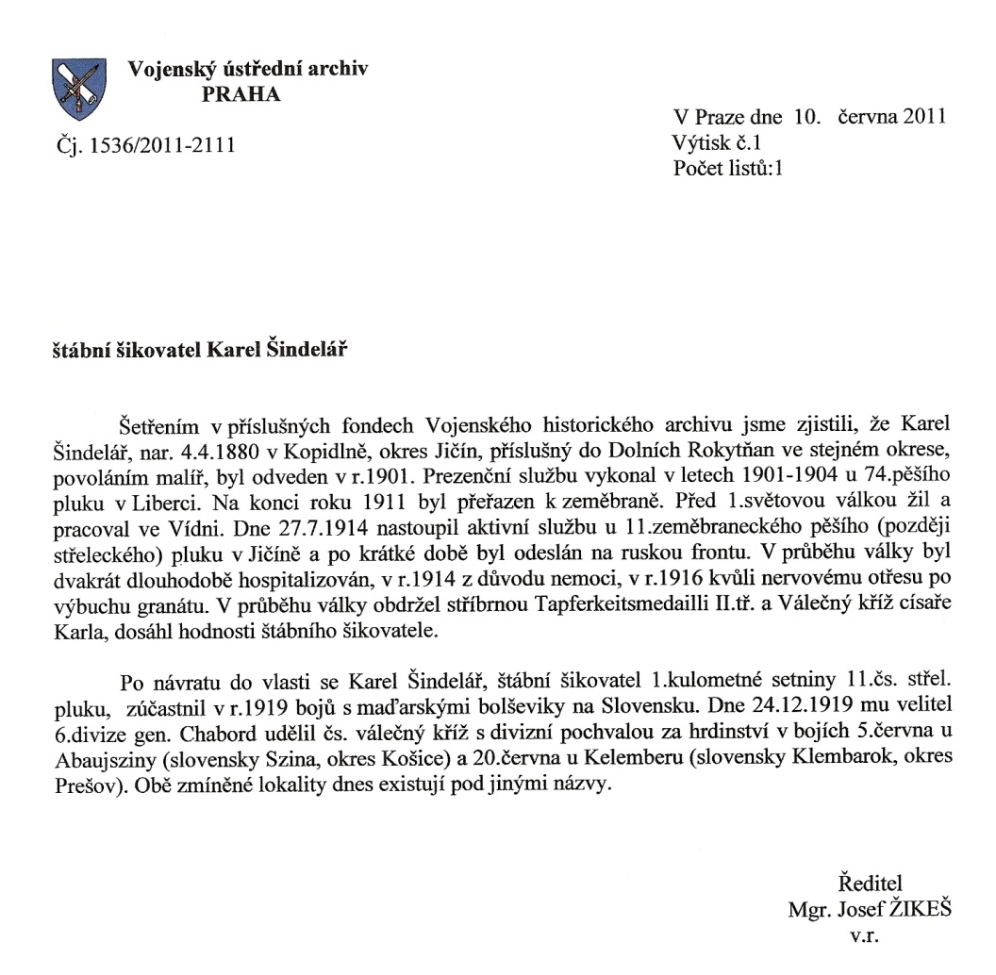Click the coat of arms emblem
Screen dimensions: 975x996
(x=77, y=89)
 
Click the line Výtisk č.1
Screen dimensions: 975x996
(x=717, y=142)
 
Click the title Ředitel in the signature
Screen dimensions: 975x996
(x=870, y=884)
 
